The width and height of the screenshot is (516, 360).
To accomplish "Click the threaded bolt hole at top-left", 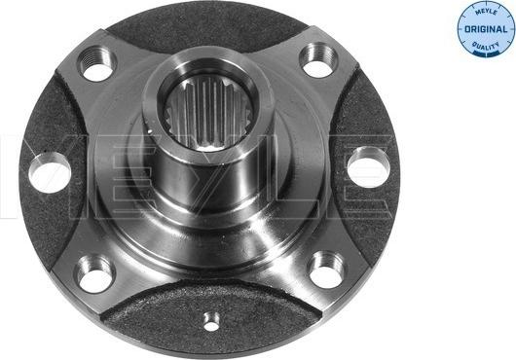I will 97,62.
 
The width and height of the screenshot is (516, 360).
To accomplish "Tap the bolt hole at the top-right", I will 318,59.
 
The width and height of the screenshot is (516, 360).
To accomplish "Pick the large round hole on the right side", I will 367,167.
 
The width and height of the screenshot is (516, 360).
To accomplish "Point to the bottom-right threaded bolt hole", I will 326,270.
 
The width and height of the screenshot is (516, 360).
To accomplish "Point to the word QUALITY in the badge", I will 484,45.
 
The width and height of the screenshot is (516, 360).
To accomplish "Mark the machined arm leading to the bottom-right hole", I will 292,248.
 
